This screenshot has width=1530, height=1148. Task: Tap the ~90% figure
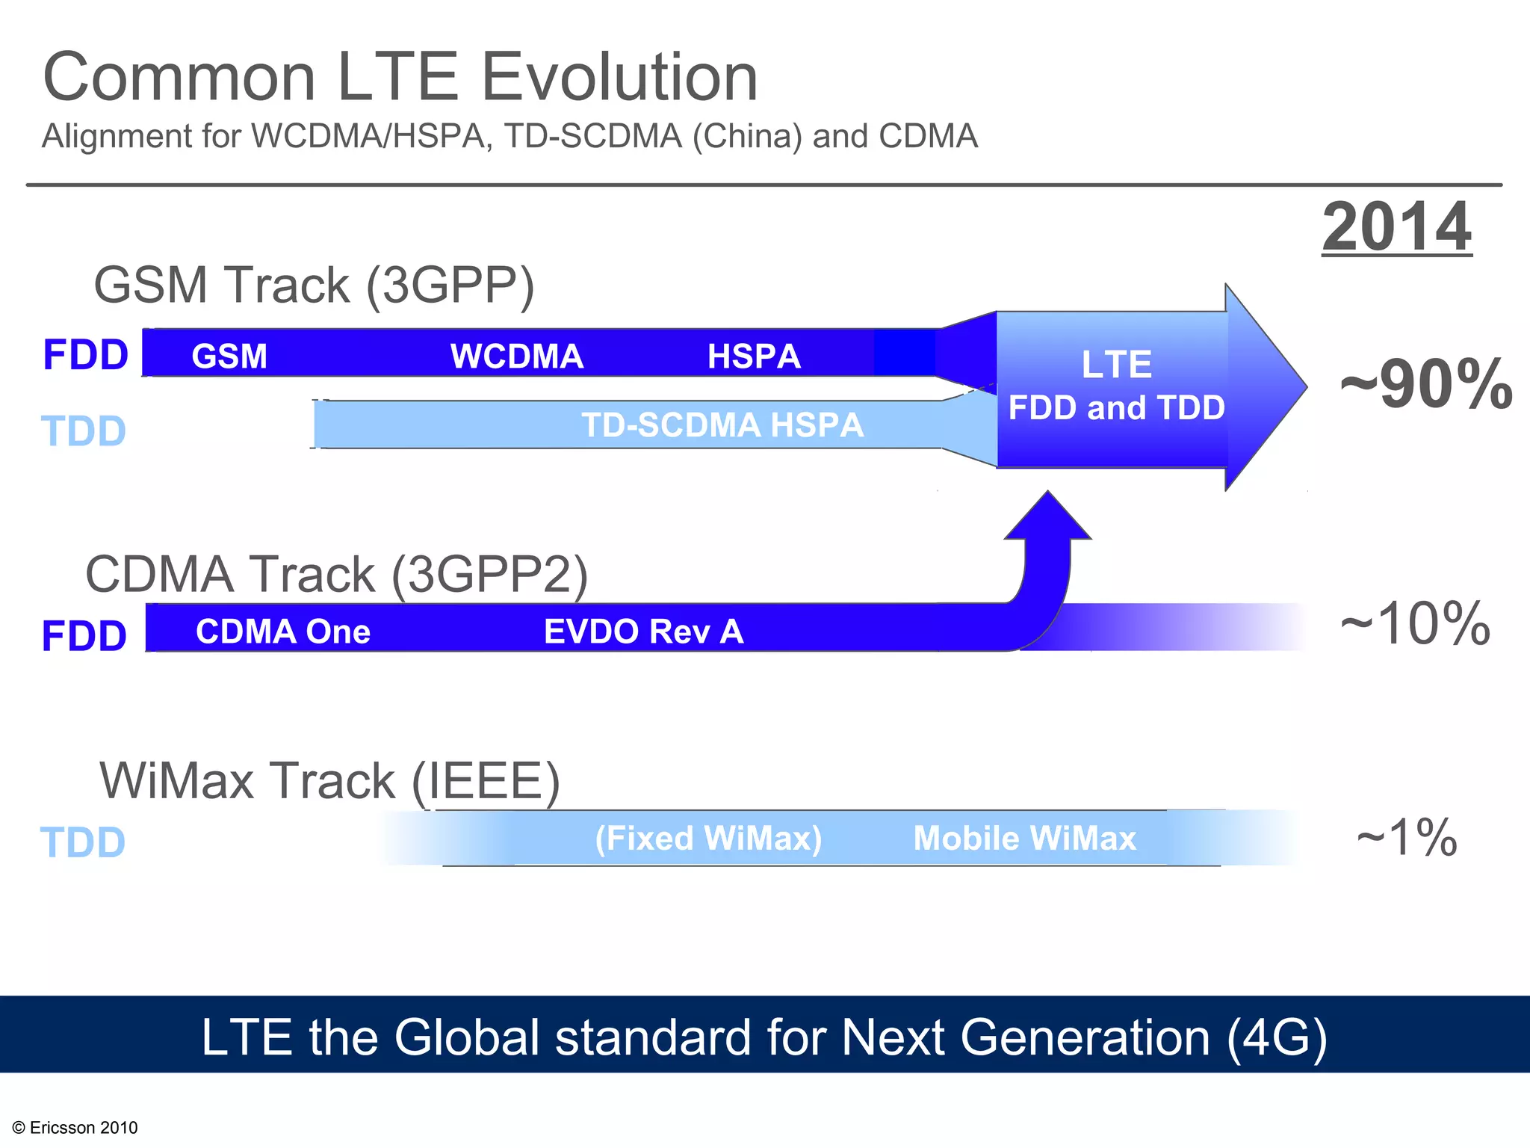click(x=1425, y=386)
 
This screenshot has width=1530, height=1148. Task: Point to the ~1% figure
click(x=1406, y=838)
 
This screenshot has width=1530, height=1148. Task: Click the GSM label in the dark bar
click(x=229, y=356)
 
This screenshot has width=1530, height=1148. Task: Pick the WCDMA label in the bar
click(x=517, y=356)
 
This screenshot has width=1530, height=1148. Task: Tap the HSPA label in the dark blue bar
click(x=754, y=356)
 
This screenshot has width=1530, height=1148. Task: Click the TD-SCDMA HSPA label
click(x=722, y=425)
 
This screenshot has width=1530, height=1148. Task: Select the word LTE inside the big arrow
click(x=1117, y=365)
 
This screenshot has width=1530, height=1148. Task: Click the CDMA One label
click(x=283, y=632)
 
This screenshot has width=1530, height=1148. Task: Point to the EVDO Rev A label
click(x=643, y=632)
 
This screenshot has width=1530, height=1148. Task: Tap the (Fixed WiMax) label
click(x=708, y=838)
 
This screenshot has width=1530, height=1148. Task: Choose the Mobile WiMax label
click(x=1024, y=838)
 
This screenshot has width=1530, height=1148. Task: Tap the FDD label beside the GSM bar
click(x=85, y=354)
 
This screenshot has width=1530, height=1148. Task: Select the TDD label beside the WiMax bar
click(x=83, y=842)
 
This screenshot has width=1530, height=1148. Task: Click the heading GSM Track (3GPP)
click(x=314, y=285)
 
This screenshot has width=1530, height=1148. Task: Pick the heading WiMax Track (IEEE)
click(x=329, y=781)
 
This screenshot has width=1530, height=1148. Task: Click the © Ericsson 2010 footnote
click(x=75, y=1127)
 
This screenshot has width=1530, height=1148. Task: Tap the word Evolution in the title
click(x=619, y=77)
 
